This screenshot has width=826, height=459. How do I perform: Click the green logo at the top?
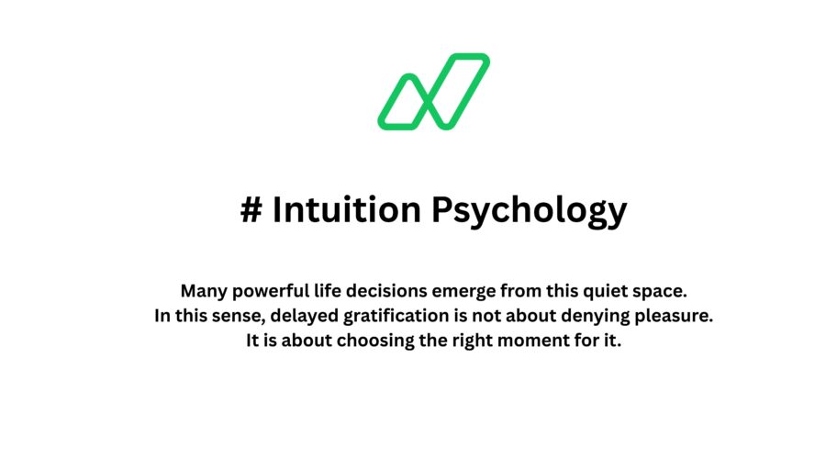tap(433, 92)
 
